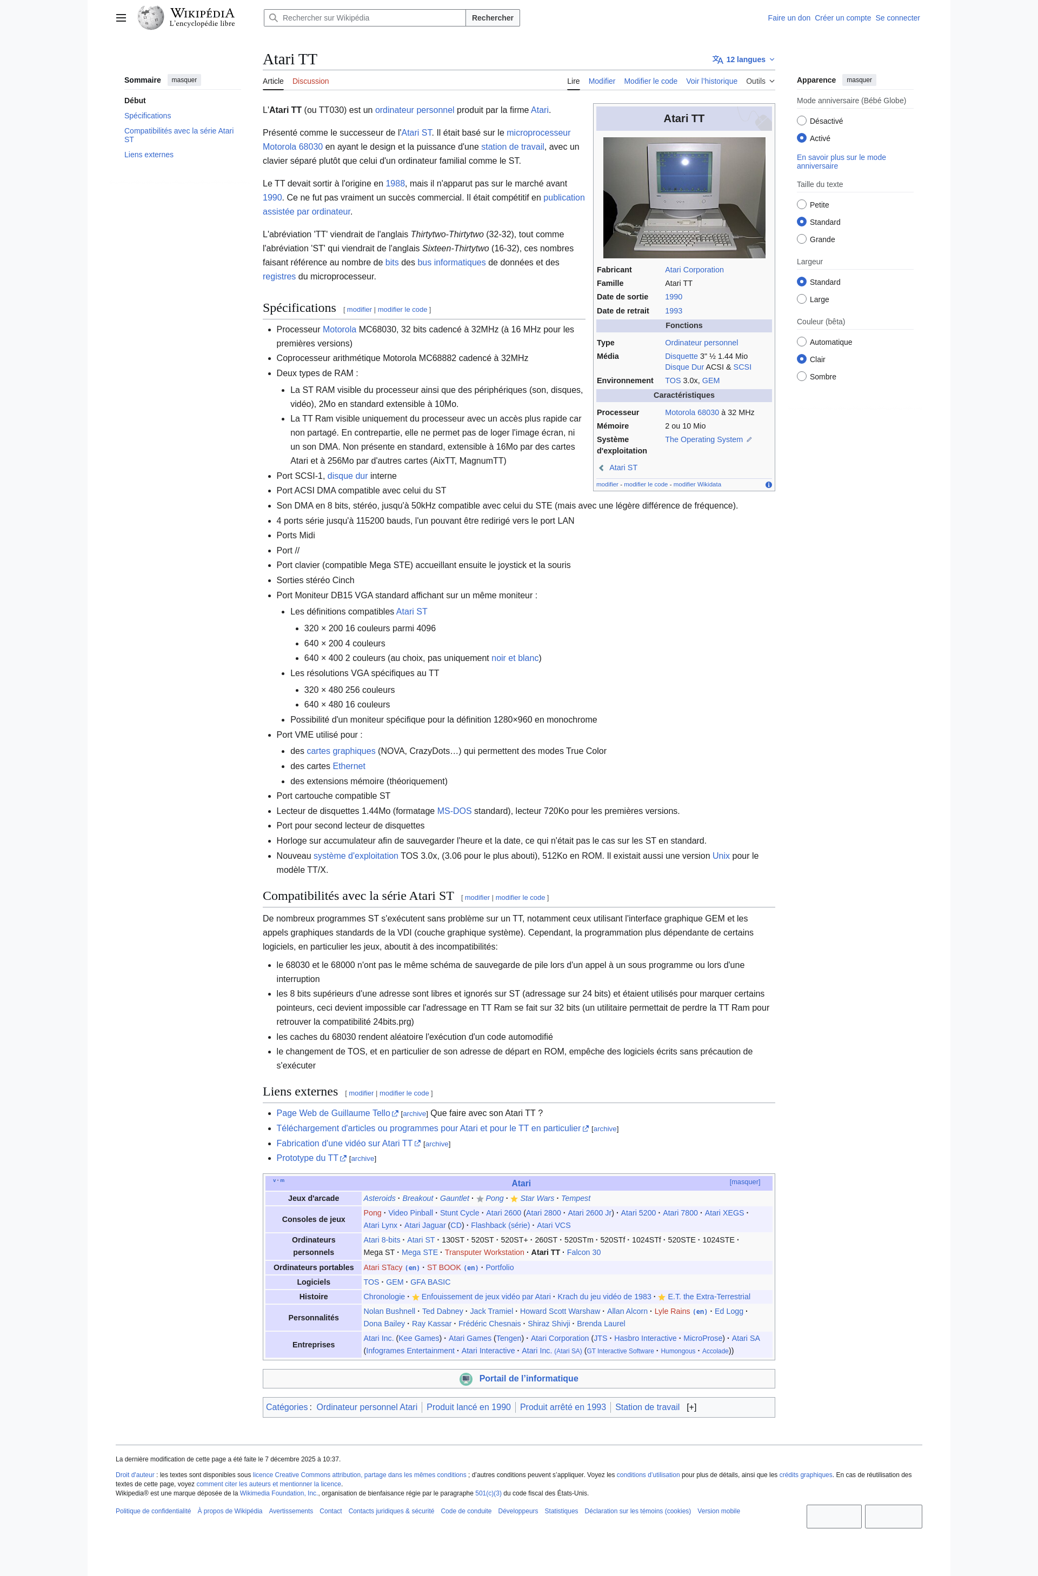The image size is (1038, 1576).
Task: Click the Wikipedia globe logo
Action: pos(150,17)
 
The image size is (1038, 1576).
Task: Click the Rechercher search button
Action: pos(492,18)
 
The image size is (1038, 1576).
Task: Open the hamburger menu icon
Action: pos(121,18)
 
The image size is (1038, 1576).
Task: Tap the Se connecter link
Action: pos(897,18)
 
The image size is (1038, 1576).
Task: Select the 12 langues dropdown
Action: pos(743,59)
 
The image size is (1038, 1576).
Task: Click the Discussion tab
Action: pos(310,82)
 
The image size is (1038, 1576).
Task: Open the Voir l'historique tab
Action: pos(711,82)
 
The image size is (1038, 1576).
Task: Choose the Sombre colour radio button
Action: pos(802,376)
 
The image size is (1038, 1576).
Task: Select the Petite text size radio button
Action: pos(802,205)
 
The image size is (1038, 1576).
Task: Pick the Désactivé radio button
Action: pos(802,121)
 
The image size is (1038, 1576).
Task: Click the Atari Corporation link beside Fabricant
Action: pos(694,270)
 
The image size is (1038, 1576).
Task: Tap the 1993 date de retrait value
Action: pos(673,311)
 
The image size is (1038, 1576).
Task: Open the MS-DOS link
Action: pos(454,811)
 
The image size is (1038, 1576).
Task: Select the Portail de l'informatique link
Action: pos(528,1378)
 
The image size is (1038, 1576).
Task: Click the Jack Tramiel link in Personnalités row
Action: pos(491,1311)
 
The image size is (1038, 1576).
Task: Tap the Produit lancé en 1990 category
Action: pos(468,1407)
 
